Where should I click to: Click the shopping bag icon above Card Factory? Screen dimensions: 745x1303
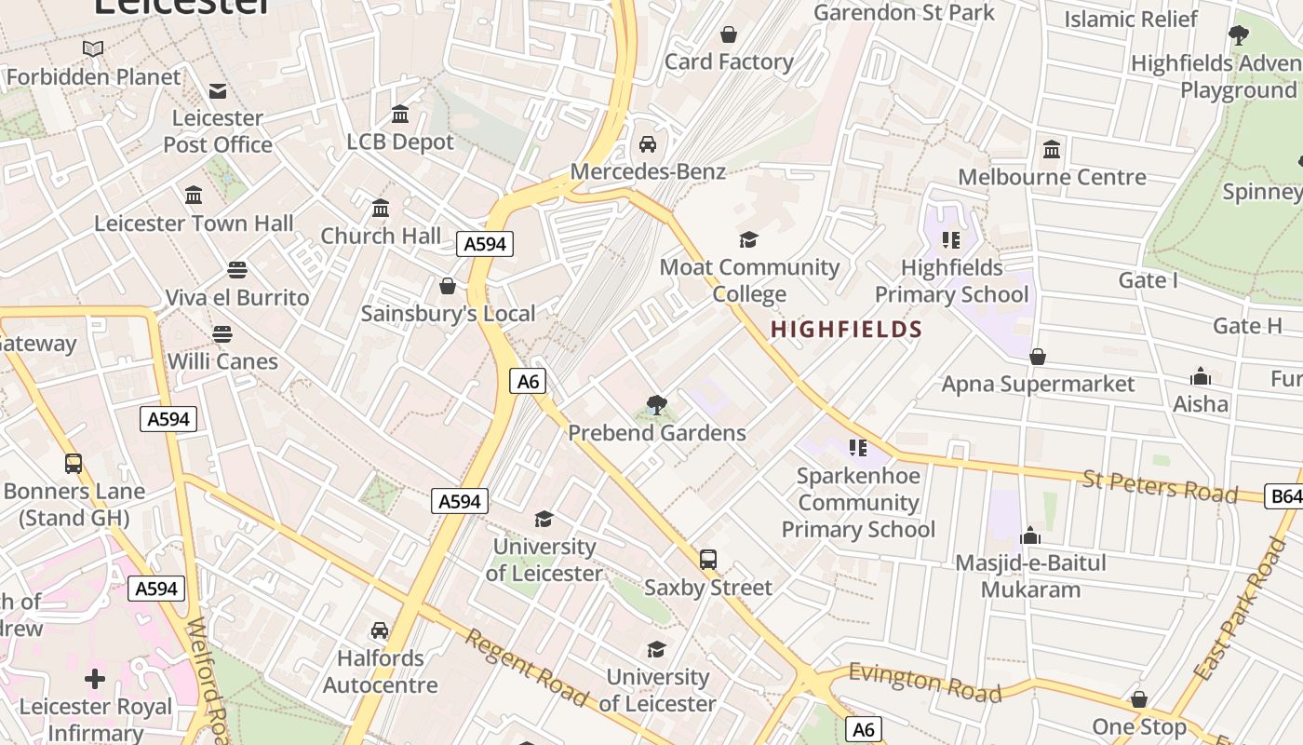tap(729, 34)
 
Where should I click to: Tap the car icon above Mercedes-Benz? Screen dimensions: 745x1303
tap(648, 144)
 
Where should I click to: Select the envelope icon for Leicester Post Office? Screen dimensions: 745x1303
tap(218, 90)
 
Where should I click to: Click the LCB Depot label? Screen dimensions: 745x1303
tap(400, 142)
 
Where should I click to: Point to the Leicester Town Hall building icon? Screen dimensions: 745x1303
tap(194, 196)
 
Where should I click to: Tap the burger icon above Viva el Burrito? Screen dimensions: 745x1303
tap(237, 270)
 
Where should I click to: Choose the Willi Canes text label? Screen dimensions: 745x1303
tap(222, 361)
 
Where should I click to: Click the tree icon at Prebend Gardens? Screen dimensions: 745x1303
tap(657, 405)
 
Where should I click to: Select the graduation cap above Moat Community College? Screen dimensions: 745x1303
tap(749, 240)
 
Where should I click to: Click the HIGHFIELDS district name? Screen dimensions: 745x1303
tap(846, 329)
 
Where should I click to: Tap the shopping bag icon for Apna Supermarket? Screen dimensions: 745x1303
tap(1038, 357)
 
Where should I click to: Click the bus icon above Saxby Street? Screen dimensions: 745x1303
tap(708, 560)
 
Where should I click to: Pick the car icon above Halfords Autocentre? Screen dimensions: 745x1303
tap(380, 630)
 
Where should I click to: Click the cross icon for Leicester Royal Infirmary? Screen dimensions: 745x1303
tap(95, 679)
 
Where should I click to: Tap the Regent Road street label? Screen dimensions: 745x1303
tap(526, 667)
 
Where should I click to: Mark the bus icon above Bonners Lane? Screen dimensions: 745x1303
tap(74, 463)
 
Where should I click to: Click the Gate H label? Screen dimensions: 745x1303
tap(1247, 326)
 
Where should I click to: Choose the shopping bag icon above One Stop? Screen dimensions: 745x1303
tap(1138, 699)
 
